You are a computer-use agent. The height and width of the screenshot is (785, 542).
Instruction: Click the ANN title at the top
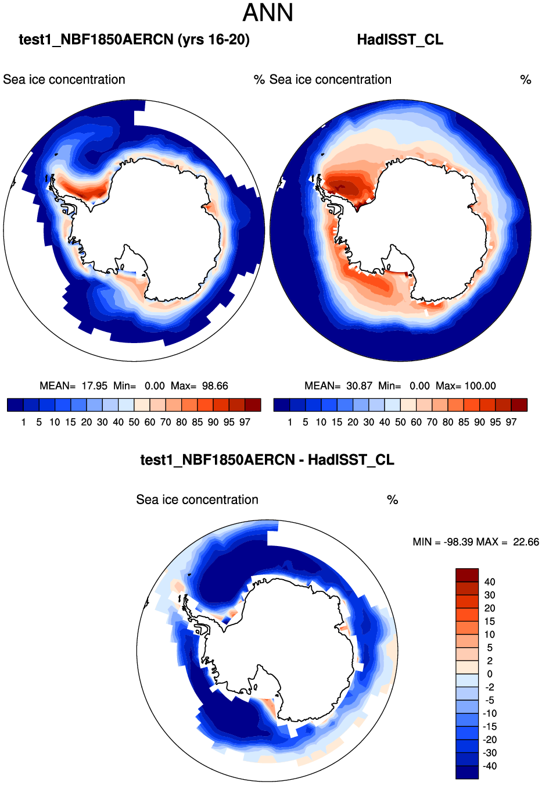click(x=268, y=13)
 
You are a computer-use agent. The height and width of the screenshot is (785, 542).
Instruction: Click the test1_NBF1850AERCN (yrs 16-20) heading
click(x=134, y=40)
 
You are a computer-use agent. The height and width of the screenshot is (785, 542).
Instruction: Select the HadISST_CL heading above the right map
click(x=400, y=40)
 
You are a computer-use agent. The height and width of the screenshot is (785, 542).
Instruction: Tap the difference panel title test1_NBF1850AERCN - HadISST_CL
click(x=267, y=460)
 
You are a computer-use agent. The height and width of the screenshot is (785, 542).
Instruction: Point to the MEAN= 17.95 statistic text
click(x=74, y=386)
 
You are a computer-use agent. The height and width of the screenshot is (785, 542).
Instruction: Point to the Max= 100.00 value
click(x=466, y=386)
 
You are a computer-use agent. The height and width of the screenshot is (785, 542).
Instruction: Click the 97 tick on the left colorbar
click(x=245, y=422)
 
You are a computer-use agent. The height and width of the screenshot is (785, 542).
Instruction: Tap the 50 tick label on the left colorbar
click(x=134, y=422)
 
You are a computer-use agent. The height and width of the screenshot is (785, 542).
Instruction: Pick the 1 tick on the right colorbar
click(x=289, y=422)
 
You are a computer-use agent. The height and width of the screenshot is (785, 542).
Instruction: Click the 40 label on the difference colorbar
click(x=490, y=582)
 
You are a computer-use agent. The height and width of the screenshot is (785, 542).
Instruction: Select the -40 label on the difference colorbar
click(x=490, y=766)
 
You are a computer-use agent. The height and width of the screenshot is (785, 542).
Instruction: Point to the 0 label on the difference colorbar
click(x=490, y=674)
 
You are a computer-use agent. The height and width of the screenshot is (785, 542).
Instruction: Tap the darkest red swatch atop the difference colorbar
click(x=467, y=575)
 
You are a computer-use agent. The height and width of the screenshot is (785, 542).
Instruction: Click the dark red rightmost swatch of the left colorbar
click(x=253, y=405)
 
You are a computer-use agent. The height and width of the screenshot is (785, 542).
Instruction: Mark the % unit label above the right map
click(x=526, y=80)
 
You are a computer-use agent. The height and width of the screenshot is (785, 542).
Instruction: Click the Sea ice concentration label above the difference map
click(x=197, y=500)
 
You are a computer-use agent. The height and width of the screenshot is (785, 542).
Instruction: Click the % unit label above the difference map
click(x=393, y=500)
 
